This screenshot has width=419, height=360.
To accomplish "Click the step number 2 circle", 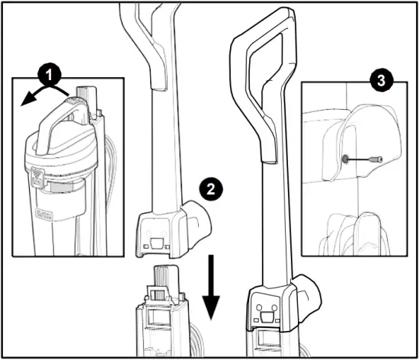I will tap(209, 187).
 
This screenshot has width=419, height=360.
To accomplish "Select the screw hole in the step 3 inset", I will tap(347, 159).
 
